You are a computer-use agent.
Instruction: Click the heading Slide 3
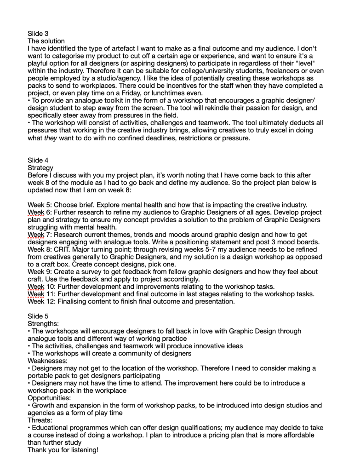38,34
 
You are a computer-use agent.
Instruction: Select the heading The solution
46,41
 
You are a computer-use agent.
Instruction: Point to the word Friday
151,93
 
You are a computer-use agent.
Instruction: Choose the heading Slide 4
38,161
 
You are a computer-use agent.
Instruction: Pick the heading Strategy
40,168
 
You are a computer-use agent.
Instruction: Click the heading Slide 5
38,316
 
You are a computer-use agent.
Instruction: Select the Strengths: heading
43,324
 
